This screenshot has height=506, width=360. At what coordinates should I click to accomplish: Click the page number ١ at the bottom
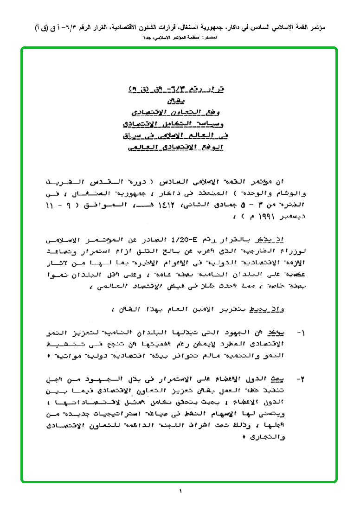(180, 491)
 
